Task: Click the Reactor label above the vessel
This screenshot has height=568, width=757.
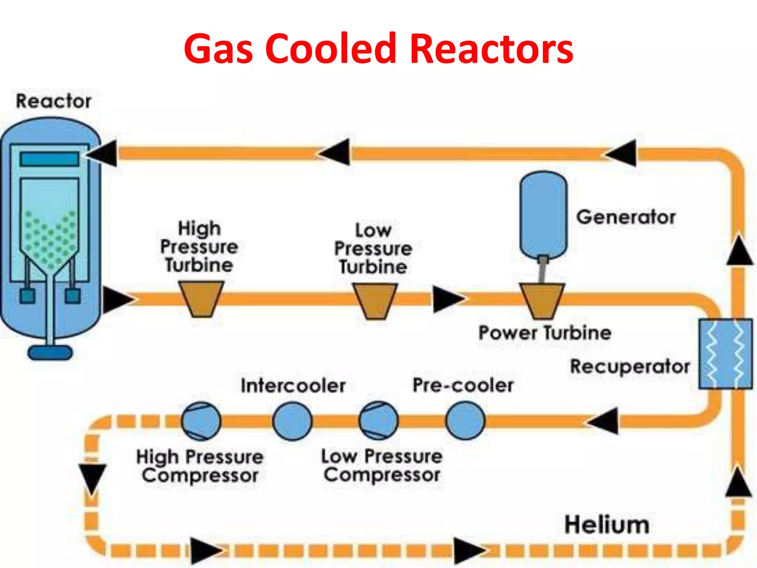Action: pyautogui.click(x=54, y=101)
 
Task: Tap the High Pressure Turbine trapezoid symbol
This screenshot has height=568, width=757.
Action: pyautogui.click(x=201, y=299)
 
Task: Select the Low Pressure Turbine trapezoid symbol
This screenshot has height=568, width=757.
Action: pyautogui.click(x=375, y=300)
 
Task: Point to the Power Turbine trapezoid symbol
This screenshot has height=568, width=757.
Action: pyautogui.click(x=542, y=300)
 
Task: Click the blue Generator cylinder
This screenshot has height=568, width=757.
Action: pyautogui.click(x=543, y=214)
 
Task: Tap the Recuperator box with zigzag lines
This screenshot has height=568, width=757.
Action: pyautogui.click(x=725, y=354)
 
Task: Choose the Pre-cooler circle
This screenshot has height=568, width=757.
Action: pyautogui.click(x=465, y=421)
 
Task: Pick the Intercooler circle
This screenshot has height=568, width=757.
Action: pyautogui.click(x=292, y=421)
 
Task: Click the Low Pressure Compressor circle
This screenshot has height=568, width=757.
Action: pyautogui.click(x=378, y=421)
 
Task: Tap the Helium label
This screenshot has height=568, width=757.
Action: pyautogui.click(x=607, y=524)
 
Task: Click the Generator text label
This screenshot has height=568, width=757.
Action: pyautogui.click(x=626, y=217)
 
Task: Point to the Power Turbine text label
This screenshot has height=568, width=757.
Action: pyautogui.click(x=544, y=332)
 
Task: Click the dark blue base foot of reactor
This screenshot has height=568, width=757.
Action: pyautogui.click(x=50, y=353)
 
